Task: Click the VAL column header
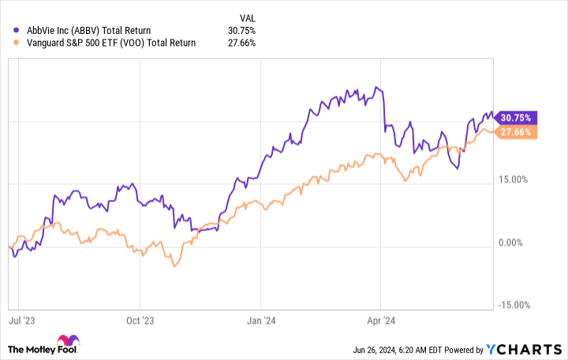pos(246,16)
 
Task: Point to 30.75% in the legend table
pos(241,30)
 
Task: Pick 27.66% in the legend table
pos(241,44)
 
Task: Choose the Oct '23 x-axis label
pos(140,321)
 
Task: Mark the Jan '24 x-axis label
pos(261,321)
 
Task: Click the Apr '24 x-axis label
pos(381,321)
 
